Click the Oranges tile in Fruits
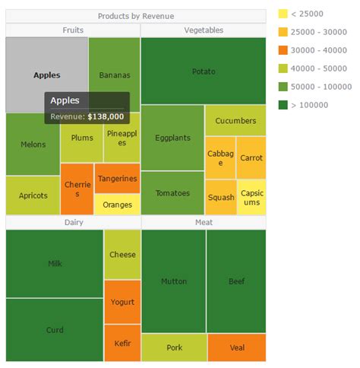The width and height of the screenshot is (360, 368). pos(117,205)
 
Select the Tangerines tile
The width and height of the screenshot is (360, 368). pos(117,179)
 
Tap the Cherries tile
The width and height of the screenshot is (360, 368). pos(77,189)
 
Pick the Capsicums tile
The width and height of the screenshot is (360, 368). pos(251,198)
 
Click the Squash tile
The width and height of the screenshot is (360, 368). pos(220,198)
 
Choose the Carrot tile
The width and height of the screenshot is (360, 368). pos(251,158)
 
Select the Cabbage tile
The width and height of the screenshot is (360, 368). pos(220,158)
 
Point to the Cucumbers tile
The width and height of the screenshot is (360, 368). pos(235,121)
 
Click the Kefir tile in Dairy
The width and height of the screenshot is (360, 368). pos(122,343)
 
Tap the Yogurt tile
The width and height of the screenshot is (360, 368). pos(122,302)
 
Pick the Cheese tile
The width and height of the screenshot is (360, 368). pos(122,255)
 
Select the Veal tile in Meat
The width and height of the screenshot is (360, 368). pos(236,347)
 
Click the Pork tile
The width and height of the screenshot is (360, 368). pos(174,347)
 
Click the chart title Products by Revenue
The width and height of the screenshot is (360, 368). pos(136,16)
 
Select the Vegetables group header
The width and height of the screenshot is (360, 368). pos(204,30)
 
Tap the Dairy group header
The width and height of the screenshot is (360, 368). pos(73,222)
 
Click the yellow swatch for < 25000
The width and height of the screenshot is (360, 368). pos(283,14)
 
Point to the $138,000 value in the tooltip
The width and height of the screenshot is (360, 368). pos(106,117)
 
